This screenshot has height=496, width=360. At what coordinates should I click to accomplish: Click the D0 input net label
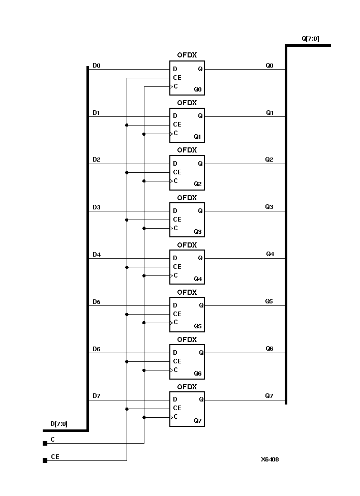tap(96, 66)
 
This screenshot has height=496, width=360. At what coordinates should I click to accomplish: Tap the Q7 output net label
tap(269, 395)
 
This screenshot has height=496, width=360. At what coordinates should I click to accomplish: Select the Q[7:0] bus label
tap(310, 38)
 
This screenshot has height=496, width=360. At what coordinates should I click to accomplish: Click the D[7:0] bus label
tap(59, 423)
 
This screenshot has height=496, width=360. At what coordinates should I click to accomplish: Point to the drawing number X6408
tap(269, 459)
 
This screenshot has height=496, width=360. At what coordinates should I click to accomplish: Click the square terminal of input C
tap(45, 443)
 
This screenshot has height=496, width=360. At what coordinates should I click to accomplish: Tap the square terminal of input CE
tap(45, 460)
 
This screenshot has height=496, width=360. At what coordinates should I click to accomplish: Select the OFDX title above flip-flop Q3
tap(187, 198)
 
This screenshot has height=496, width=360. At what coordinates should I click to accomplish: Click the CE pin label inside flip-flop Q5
tap(177, 314)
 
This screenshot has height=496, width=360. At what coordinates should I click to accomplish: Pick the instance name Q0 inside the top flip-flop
tap(198, 89)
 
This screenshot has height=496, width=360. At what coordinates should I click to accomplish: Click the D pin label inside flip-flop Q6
tap(175, 352)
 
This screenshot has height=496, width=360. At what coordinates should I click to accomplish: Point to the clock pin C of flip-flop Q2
tap(175, 181)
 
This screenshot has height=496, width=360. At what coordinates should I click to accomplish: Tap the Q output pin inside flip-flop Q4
tap(200, 258)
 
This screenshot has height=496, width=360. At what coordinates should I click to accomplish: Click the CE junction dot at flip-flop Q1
tap(126, 125)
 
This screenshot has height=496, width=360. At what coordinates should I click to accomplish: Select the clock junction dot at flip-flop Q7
tap(144, 417)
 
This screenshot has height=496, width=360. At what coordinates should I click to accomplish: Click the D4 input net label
tap(96, 255)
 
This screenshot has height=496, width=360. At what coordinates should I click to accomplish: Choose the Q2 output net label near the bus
tap(269, 160)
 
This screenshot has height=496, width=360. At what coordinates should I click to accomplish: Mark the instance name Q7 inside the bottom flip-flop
tap(198, 421)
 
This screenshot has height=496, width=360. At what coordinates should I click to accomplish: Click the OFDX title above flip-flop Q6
tap(187, 339)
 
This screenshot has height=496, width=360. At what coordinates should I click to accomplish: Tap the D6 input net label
tap(96, 349)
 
